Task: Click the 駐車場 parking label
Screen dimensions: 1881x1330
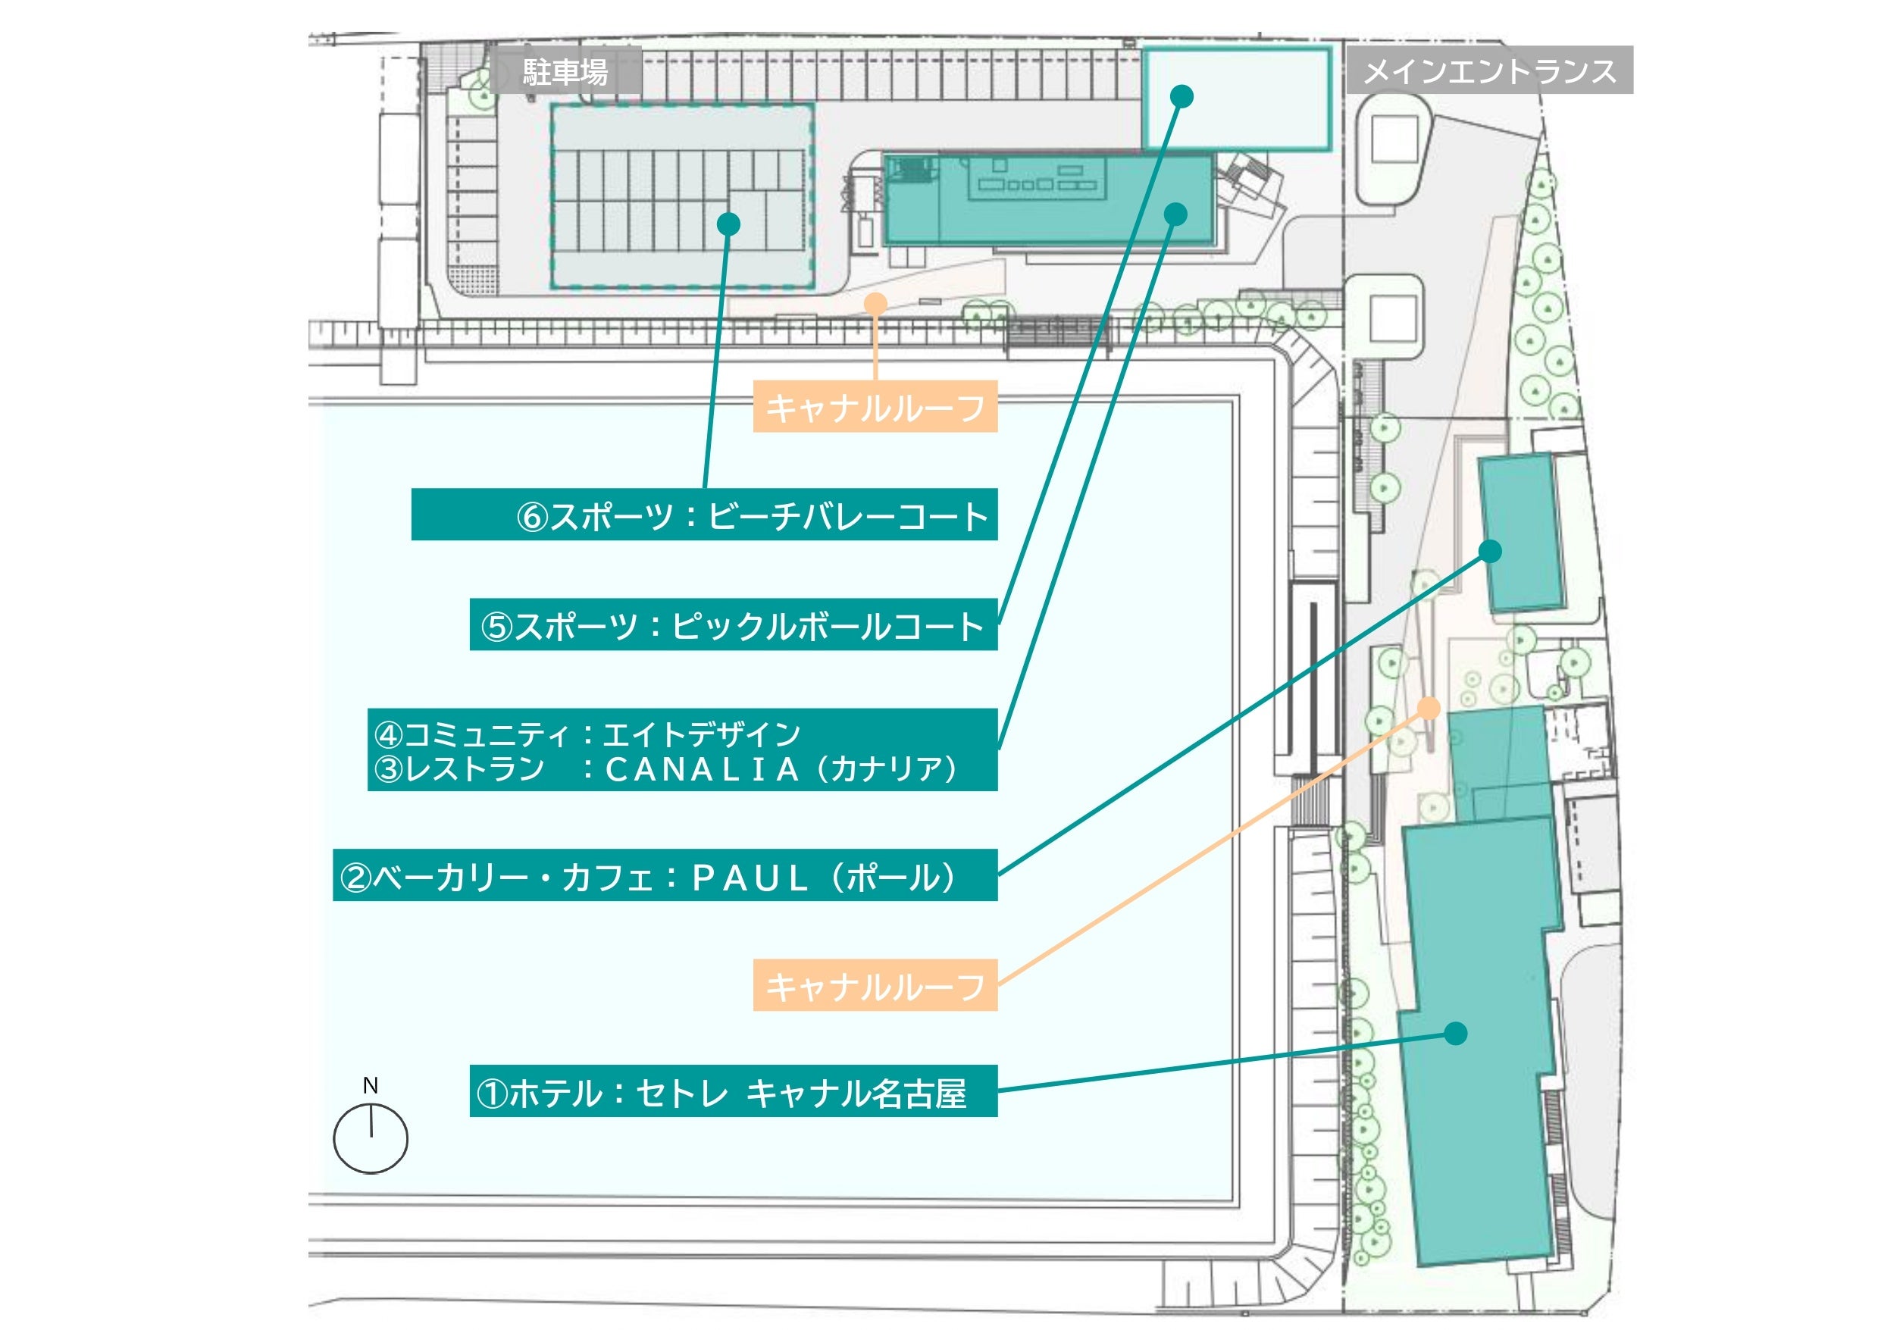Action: coord(565,72)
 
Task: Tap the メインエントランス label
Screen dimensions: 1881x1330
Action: coord(1489,70)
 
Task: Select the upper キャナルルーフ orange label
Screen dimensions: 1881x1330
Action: coord(875,406)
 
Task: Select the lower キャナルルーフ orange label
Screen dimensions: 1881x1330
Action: coord(875,985)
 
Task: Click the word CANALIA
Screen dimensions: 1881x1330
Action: coord(702,768)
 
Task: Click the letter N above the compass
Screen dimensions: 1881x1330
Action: coord(371,1085)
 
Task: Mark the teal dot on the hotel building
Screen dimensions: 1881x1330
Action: coord(1455,1034)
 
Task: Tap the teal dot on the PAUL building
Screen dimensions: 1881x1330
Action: coord(1490,551)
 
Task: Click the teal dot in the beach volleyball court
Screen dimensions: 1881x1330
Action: coord(728,224)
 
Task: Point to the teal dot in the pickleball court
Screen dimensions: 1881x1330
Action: coord(1181,97)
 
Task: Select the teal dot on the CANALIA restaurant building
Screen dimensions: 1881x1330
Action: coord(1175,214)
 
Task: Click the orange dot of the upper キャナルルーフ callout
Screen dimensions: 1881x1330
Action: coord(876,304)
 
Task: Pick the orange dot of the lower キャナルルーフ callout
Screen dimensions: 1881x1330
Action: coord(1429,708)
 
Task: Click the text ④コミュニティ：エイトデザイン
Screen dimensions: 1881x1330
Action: coord(587,734)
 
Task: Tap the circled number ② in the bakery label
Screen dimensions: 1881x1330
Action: coord(356,878)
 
